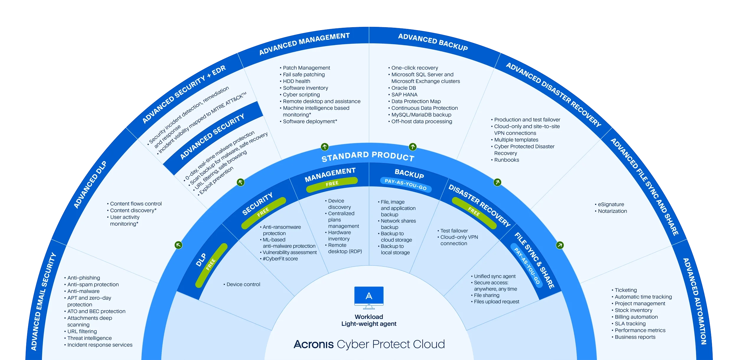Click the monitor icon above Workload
click(x=369, y=297)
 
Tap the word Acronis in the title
click(x=314, y=344)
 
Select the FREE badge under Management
click(x=332, y=184)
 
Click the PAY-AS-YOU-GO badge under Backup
click(x=406, y=184)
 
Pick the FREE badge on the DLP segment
click(x=211, y=265)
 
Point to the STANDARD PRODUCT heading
click(x=368, y=157)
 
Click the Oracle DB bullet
click(x=403, y=88)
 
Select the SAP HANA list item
click(x=404, y=95)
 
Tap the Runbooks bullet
click(x=506, y=160)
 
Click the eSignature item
click(x=611, y=204)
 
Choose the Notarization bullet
click(x=612, y=211)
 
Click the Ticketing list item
click(x=626, y=290)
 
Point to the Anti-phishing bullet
click(x=84, y=278)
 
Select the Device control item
click(x=243, y=284)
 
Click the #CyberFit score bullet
click(x=280, y=259)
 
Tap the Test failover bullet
click(x=454, y=231)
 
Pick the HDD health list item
click(x=296, y=81)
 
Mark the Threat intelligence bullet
click(x=89, y=338)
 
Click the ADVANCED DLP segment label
click(x=90, y=185)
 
